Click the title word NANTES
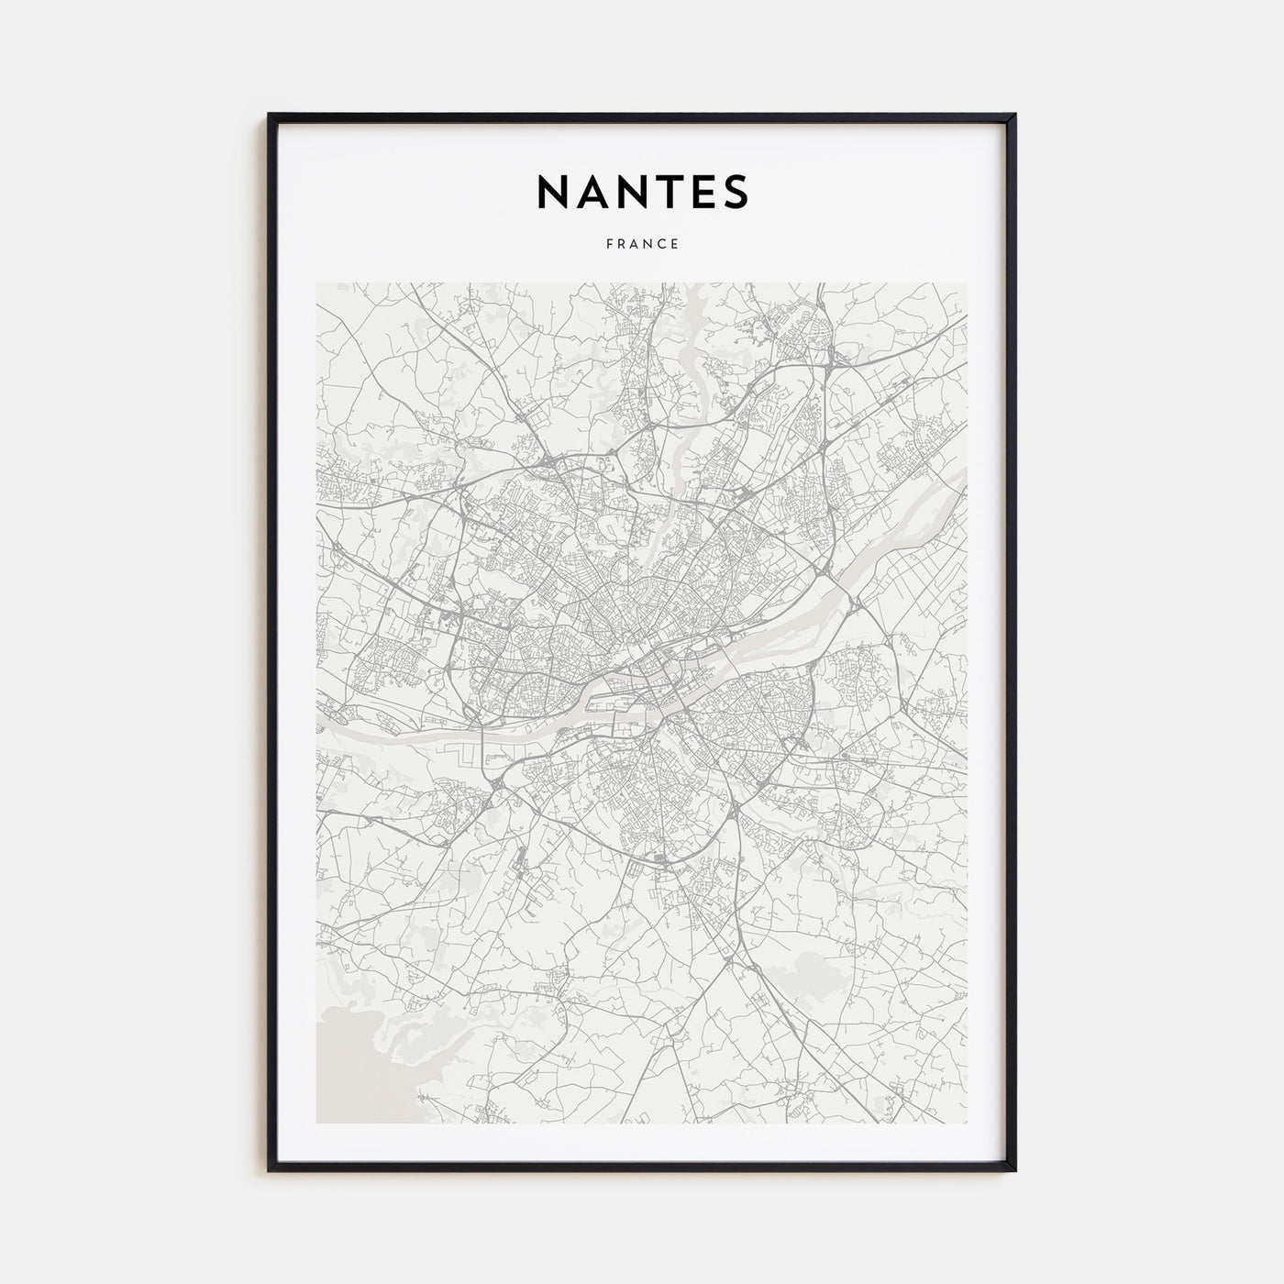coord(642,191)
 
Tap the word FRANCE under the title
coord(642,244)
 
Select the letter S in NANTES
coord(735,191)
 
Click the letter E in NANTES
coord(698,191)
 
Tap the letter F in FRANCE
coord(608,244)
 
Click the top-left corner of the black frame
coord(270,115)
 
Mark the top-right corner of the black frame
coord(1014,115)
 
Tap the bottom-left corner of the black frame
coord(270,1170)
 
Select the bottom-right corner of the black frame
coord(1014,1170)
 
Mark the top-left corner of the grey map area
coord(316,283)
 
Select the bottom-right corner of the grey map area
coord(967,1123)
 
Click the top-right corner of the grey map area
coord(967,283)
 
